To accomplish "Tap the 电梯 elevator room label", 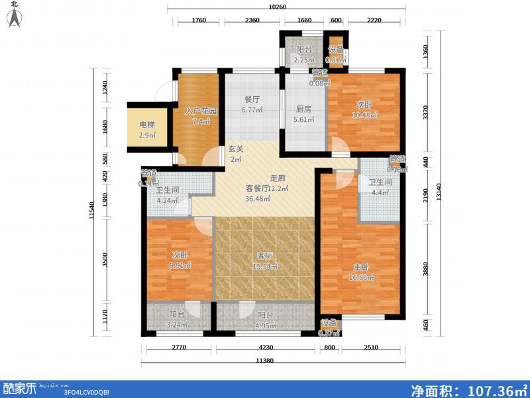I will coord(147,124).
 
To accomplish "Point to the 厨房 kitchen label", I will coord(303,109).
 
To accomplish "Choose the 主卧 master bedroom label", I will coord(361,267).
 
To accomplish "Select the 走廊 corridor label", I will coord(278,178).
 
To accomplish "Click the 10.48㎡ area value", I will coord(364,115).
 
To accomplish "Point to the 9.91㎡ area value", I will coord(178,265).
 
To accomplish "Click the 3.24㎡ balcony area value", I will coord(176,325).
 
